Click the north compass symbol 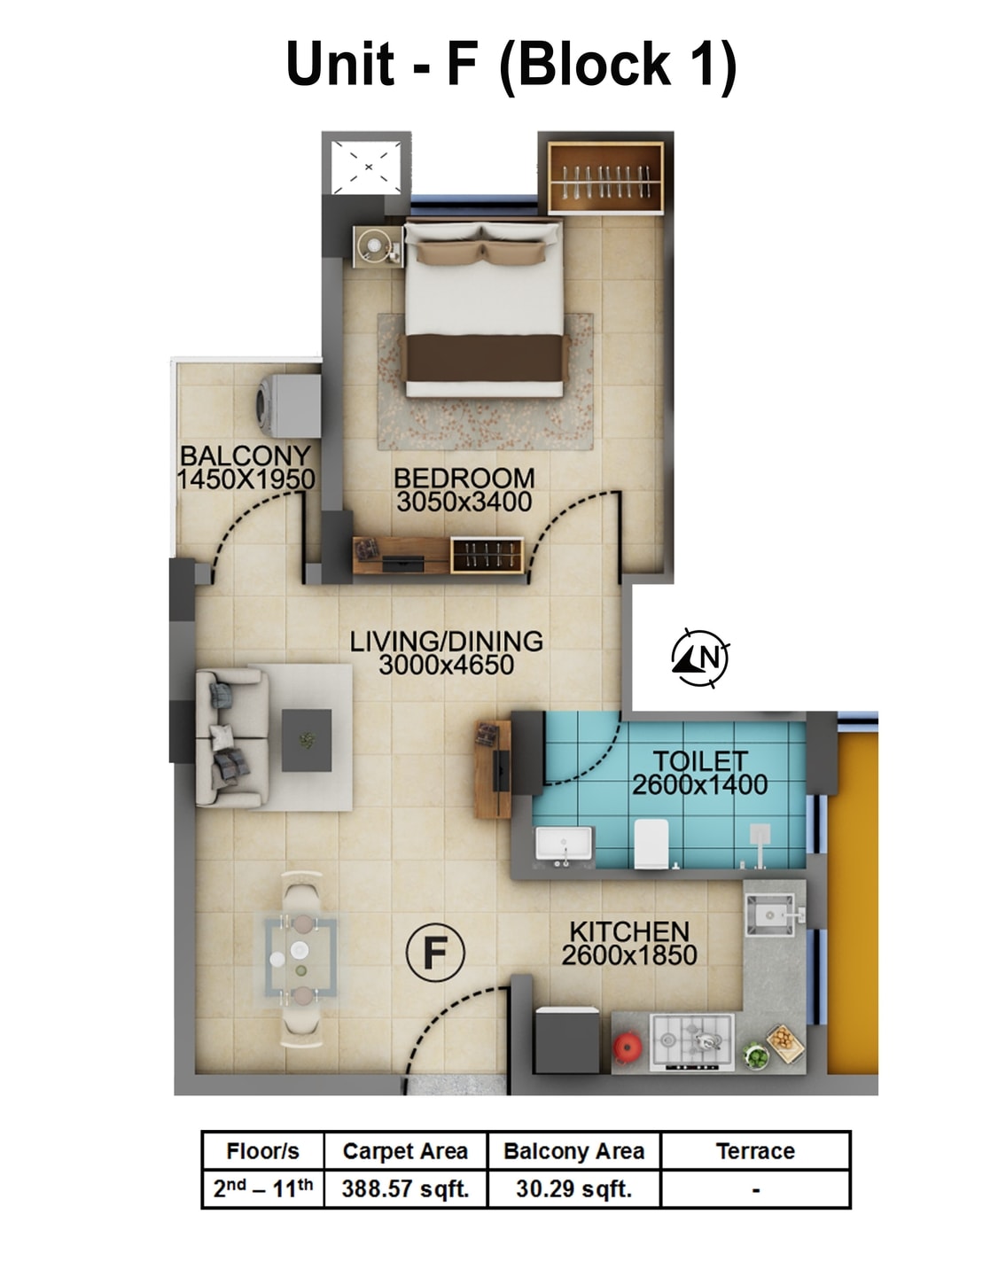[x=700, y=658]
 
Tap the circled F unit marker [x=434, y=953]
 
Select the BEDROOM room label [x=464, y=478]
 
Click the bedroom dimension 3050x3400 [x=464, y=502]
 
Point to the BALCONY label [x=246, y=456]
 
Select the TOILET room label [x=700, y=760]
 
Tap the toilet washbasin [x=565, y=844]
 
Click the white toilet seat [x=651, y=844]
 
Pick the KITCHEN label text [x=629, y=931]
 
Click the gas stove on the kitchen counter [x=692, y=1042]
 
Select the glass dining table [x=300, y=956]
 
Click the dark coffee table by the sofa [x=307, y=739]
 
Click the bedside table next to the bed [x=377, y=245]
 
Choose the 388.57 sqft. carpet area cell [x=405, y=1188]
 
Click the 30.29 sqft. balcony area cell [x=573, y=1188]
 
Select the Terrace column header [x=755, y=1150]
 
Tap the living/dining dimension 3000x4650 [x=446, y=666]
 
